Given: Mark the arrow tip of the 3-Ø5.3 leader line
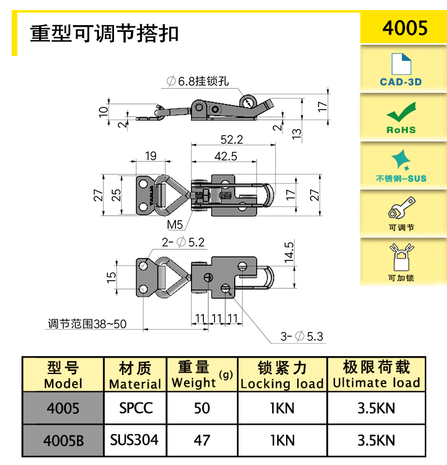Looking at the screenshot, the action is (226, 288).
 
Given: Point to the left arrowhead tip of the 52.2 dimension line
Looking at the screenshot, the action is (192, 145).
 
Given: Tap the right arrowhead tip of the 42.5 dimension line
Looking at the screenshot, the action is (256, 162).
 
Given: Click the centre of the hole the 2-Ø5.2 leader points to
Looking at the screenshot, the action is (143, 265).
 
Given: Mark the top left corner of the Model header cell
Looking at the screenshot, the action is (22, 357).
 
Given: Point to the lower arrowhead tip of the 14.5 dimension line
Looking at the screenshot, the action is (294, 288).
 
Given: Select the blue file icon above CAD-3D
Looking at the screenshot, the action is (401, 64).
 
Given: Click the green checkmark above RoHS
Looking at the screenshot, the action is (401, 112).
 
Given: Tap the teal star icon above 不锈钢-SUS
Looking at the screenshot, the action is (401, 160).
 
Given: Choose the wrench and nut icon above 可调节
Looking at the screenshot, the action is (401, 207).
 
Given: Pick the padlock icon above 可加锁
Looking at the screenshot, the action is (401, 257).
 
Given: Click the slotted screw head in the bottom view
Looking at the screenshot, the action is (208, 278).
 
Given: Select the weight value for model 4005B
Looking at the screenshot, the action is (202, 440).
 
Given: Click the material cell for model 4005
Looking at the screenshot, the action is (136, 409).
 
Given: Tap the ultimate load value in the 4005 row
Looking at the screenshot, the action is (376, 409).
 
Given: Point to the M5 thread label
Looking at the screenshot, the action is (174, 225).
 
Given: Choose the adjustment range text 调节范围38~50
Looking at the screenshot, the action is (87, 324).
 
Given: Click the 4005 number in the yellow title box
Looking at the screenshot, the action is (405, 28).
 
